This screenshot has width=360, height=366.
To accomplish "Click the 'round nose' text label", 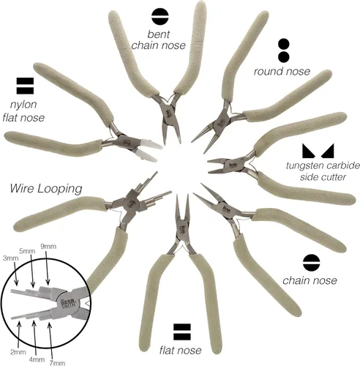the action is (282, 71).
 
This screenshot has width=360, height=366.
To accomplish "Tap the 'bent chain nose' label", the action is (159, 40).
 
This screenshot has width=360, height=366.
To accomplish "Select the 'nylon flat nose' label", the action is (23, 111).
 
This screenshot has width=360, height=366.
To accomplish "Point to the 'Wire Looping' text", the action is (46, 189).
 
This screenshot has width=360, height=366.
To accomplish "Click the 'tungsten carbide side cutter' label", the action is (323, 171).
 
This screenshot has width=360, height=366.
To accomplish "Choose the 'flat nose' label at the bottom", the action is (181, 351).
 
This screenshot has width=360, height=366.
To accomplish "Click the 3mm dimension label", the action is (11, 258).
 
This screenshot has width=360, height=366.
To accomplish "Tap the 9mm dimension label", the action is (48, 247).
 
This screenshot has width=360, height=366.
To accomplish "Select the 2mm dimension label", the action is (18, 352).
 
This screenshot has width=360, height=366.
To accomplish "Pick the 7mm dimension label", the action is (57, 363).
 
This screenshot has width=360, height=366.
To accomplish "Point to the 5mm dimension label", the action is (27, 251).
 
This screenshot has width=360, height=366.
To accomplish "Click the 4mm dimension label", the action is (37, 359).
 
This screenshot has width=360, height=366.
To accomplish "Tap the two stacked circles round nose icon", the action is (284, 51).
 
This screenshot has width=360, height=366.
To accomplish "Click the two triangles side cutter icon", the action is (318, 151).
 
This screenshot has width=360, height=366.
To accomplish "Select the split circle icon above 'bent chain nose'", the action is (160, 17).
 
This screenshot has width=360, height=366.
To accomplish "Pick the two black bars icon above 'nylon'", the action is (25, 86).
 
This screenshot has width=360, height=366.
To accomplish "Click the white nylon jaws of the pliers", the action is (149, 150).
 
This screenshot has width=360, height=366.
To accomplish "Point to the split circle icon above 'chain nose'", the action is (311, 263).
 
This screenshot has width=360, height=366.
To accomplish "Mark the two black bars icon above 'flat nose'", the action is (182, 332).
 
